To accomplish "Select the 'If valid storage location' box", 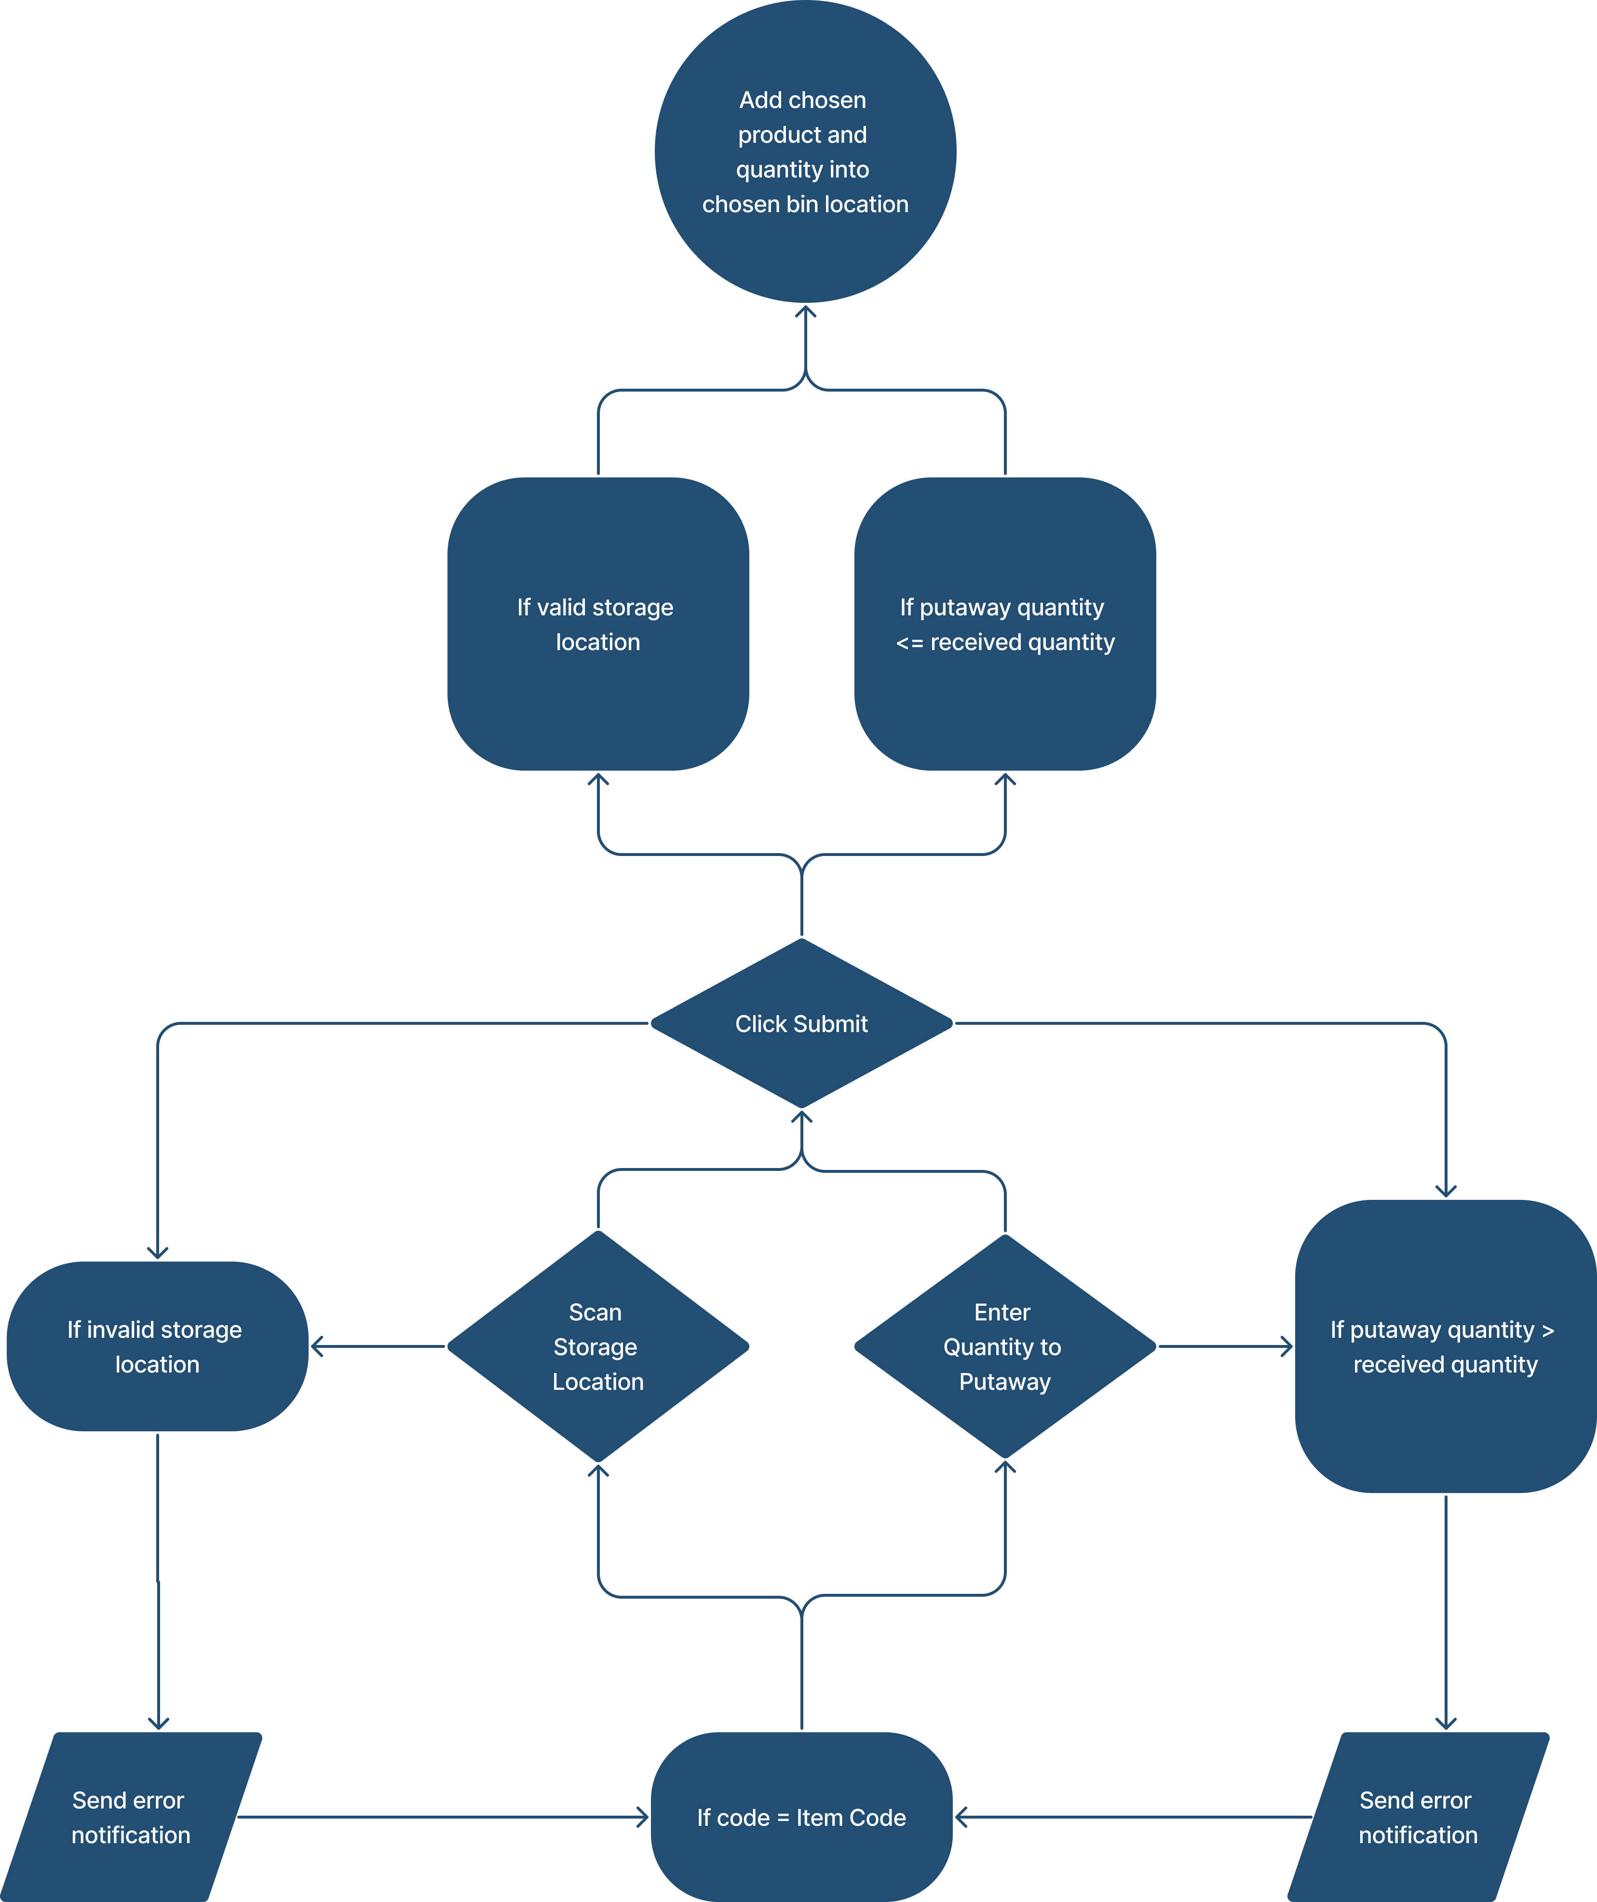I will [598, 624].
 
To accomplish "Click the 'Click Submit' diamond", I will [802, 1023].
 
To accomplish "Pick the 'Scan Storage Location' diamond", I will [598, 1347].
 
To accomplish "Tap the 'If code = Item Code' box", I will [802, 1817].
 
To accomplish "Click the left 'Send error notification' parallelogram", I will [131, 1817].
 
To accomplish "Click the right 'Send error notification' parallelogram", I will [1418, 1817].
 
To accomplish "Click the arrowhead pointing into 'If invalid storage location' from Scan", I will [317, 1347].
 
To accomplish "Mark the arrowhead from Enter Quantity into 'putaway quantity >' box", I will [1286, 1347].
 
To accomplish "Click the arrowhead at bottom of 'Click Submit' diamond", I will [802, 1116].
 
